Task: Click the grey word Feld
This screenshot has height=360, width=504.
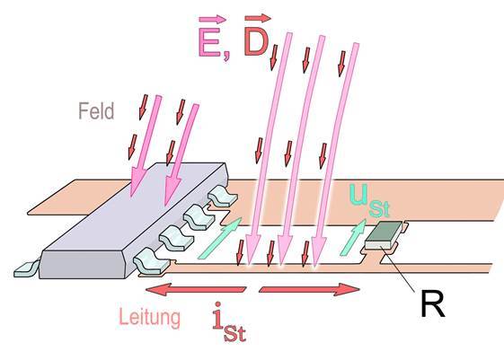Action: pyautogui.click(x=96, y=110)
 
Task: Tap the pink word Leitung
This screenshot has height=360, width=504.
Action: pyautogui.click(x=149, y=318)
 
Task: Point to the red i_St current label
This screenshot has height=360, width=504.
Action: pyautogui.click(x=229, y=322)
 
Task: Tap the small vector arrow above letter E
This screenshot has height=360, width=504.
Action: pyautogui.click(x=212, y=19)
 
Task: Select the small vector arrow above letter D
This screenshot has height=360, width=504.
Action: pyautogui.click(x=258, y=18)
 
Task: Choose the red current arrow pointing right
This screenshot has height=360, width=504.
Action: pyautogui.click(x=309, y=289)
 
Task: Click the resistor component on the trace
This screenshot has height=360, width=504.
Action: pyautogui.click(x=385, y=235)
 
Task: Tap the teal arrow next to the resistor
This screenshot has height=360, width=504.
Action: pyautogui.click(x=353, y=237)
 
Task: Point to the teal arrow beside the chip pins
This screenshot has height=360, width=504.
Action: pyautogui.click(x=219, y=238)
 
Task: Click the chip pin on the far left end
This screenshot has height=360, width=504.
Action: pyautogui.click(x=26, y=269)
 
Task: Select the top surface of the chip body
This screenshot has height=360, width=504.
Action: pyautogui.click(x=133, y=206)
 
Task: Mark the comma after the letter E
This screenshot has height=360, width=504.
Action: pyautogui.click(x=226, y=55)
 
